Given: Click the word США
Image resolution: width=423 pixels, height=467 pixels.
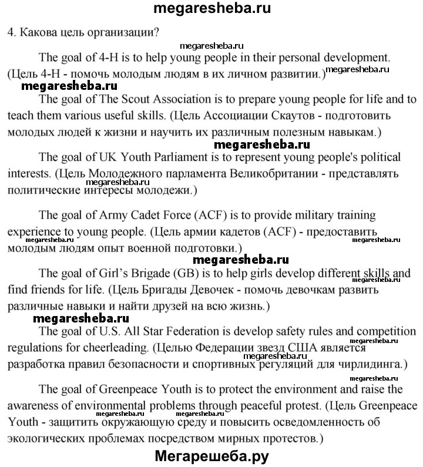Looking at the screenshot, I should (x=318, y=347).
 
